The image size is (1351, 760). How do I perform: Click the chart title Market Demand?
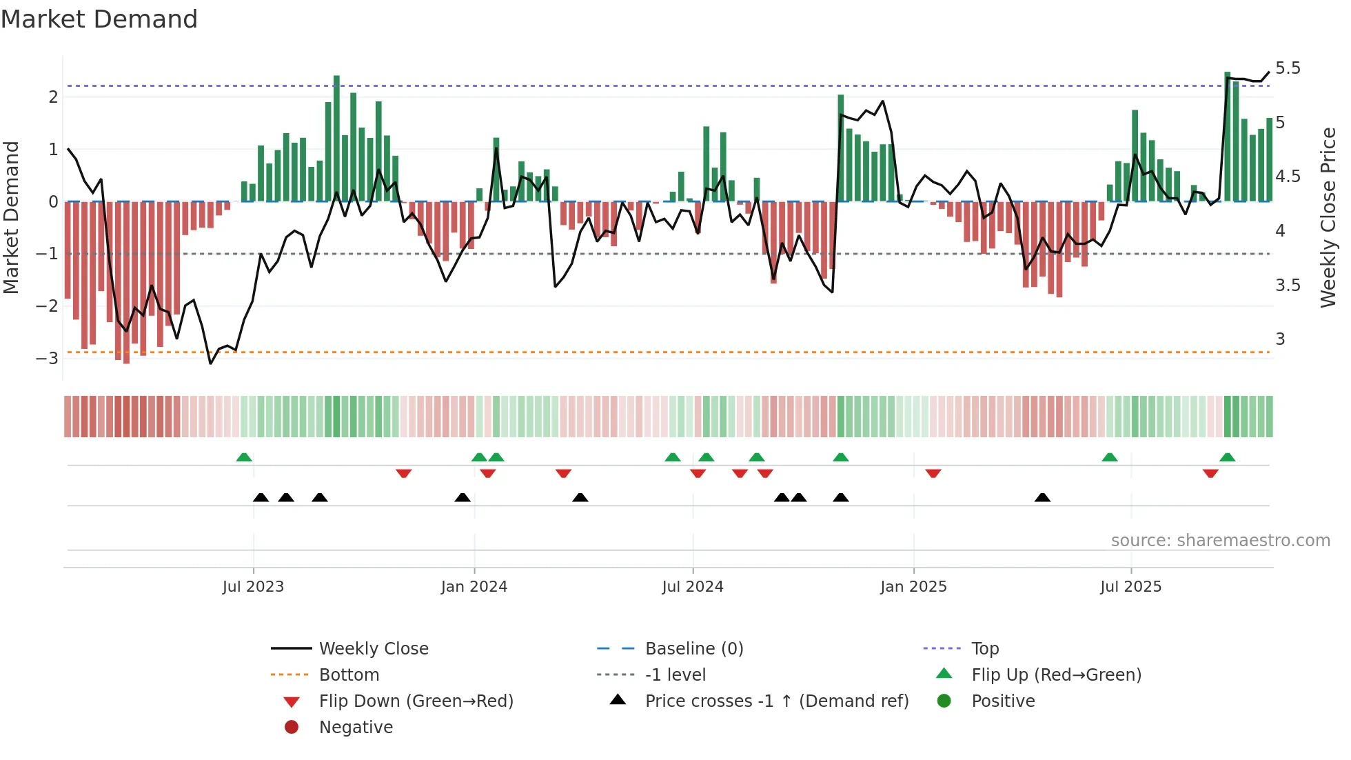pos(99,19)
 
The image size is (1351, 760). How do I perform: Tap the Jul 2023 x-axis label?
pos(253,587)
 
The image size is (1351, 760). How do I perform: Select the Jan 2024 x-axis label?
pos(474,587)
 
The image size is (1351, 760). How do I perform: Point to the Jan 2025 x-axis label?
pos(913,587)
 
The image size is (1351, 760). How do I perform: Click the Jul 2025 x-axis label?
pos(1130,587)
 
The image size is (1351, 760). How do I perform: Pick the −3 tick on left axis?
pos(47,358)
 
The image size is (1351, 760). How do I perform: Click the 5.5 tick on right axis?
pos(1288,68)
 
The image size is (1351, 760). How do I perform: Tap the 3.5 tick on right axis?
pos(1288,285)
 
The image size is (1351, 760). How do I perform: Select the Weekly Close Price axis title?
pos(1328,217)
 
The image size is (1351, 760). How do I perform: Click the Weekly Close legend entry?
pos(373,649)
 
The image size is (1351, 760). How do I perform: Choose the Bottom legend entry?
pos(349,675)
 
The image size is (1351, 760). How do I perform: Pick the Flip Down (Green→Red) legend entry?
pos(416,701)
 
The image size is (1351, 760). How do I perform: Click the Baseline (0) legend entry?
pos(693,649)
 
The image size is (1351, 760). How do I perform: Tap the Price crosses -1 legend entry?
pos(776,701)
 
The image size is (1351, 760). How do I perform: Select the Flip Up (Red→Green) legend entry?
pos(1056,675)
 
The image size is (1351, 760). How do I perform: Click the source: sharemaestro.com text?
pos(1220,541)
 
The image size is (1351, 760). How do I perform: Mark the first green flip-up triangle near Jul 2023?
pos(244,457)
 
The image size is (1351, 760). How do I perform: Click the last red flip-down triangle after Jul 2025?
pos(1210,473)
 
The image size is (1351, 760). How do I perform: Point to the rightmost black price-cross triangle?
pos(1042,497)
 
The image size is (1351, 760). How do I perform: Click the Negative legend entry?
pos(356,728)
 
